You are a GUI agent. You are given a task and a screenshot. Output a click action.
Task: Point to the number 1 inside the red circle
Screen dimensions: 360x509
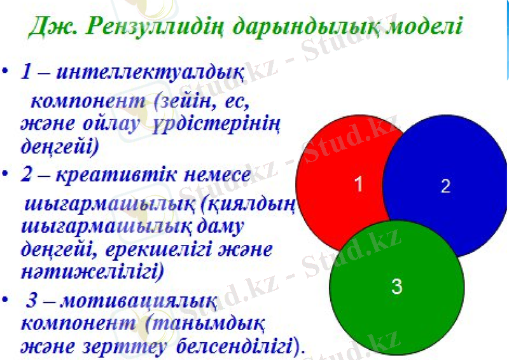click(x=359, y=185)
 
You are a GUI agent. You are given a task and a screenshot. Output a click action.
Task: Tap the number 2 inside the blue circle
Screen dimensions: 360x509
click(x=445, y=186)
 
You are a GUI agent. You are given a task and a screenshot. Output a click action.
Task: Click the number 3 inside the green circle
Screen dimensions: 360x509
click(x=396, y=287)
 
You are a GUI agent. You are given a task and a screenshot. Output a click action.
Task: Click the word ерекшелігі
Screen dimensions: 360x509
click(x=148, y=249)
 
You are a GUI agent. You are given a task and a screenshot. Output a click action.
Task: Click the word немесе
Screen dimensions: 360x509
click(x=215, y=176)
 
